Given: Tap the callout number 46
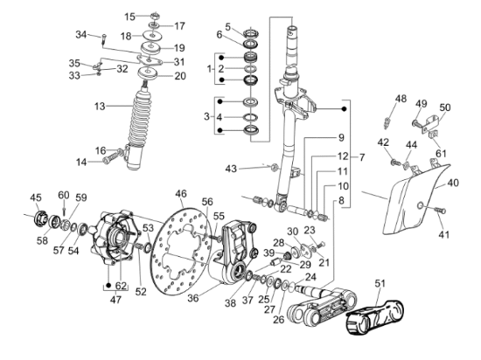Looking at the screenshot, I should [x=181, y=193].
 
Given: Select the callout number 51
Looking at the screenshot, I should [x=380, y=283].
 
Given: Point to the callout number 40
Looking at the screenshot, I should [x=453, y=183].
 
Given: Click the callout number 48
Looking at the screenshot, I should [x=401, y=98].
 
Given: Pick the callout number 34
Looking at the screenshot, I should [x=80, y=35].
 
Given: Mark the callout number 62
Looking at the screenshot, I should [x=121, y=284].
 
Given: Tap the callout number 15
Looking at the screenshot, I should [x=130, y=17].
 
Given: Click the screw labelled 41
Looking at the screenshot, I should [x=437, y=211].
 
